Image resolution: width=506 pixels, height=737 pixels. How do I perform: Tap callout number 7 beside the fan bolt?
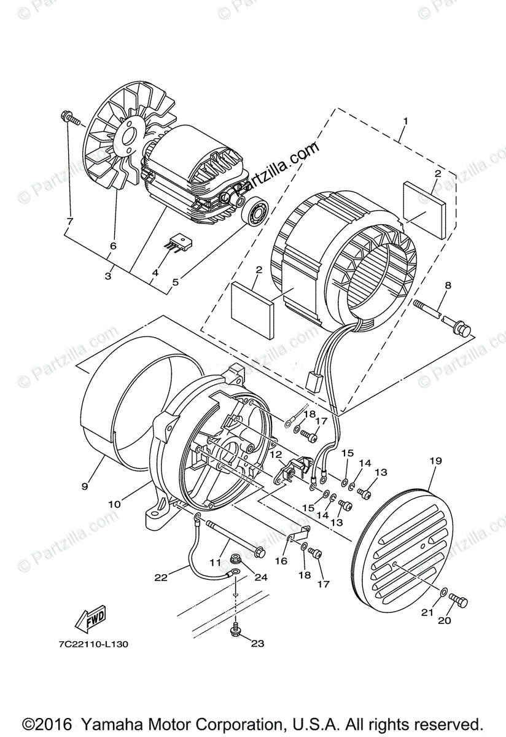coord(69,220)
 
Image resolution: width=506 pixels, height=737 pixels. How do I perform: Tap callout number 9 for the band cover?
coord(84,486)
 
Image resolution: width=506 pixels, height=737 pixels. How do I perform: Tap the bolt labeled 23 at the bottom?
coord(236,631)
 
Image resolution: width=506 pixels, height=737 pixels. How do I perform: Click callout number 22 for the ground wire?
coord(161,577)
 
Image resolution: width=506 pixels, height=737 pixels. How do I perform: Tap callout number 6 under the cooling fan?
coord(112,246)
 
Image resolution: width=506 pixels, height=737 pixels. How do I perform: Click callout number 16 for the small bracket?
coord(282,560)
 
